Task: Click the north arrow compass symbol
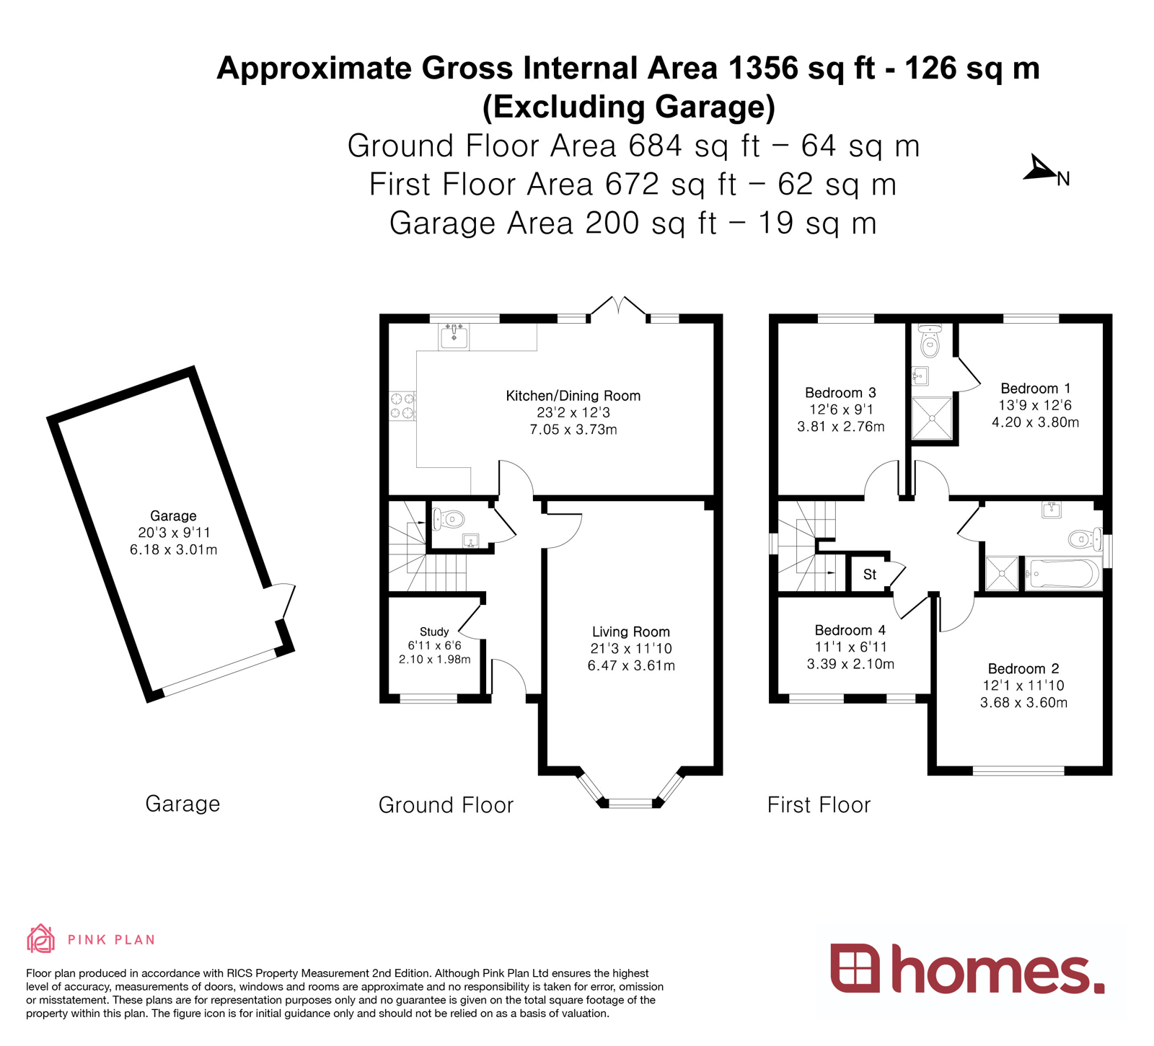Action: tap(1039, 169)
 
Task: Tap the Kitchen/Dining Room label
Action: tap(573, 396)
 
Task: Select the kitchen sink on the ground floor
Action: tap(454, 336)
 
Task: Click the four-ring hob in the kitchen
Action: tap(402, 405)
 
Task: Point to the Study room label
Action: tap(434, 631)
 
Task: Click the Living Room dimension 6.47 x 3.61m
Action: tap(631, 665)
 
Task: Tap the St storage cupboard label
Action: tap(869, 575)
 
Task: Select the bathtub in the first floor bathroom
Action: tap(1063, 574)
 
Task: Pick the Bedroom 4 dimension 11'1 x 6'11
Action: tap(850, 647)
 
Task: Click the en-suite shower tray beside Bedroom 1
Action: tap(932, 417)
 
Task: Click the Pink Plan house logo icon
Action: tap(40, 939)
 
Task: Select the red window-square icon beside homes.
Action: tap(855, 967)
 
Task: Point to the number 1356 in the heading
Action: tap(764, 68)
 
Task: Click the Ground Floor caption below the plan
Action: tap(446, 805)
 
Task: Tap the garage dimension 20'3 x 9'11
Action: tap(173, 533)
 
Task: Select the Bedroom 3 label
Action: tap(840, 393)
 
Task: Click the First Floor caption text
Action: tap(819, 805)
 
